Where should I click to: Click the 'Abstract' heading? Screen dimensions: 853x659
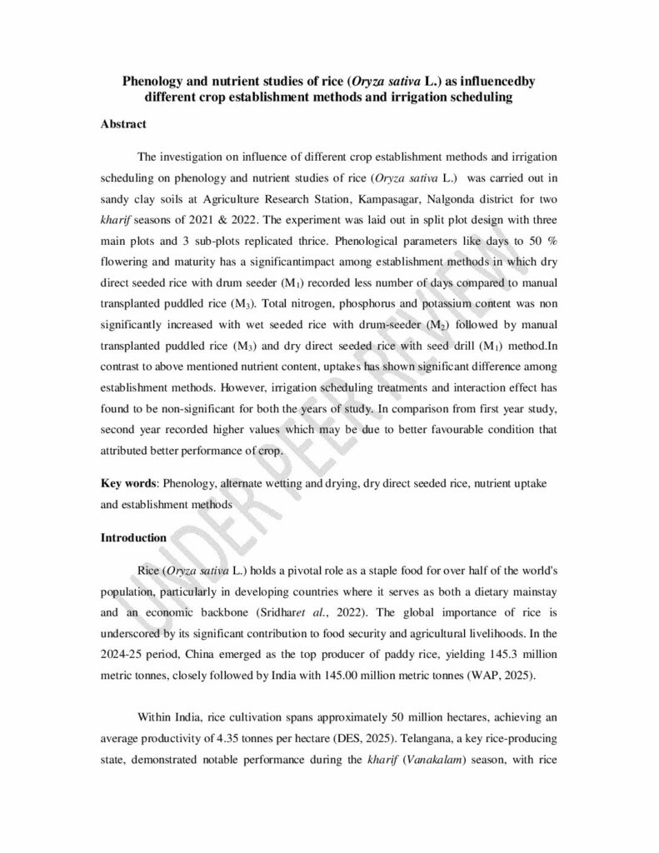[123, 125]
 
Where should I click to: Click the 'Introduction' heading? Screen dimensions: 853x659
[133, 537]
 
